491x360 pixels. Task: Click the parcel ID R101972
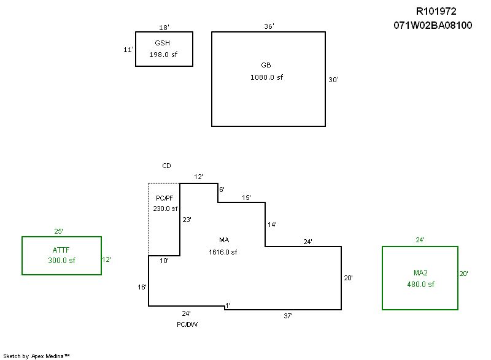click(x=436, y=11)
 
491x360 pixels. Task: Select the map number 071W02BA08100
click(x=433, y=26)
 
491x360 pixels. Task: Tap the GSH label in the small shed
click(x=163, y=43)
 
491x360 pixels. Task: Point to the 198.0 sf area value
click(x=163, y=55)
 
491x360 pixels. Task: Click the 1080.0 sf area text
click(x=267, y=77)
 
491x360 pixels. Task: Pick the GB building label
click(x=266, y=65)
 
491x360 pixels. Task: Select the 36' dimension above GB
click(x=269, y=26)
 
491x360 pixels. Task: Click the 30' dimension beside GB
click(x=333, y=80)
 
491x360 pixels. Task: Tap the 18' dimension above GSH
click(x=164, y=28)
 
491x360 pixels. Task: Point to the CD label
click(x=166, y=166)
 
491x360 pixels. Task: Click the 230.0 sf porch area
click(x=165, y=209)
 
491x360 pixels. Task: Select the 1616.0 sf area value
click(x=224, y=252)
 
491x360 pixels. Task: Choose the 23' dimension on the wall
click(x=187, y=219)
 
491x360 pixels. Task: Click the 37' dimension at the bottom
click(x=288, y=315)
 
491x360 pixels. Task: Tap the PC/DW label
click(x=187, y=324)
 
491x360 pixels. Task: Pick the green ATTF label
click(x=61, y=250)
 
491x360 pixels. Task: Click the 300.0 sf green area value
click(x=61, y=261)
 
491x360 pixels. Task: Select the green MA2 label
click(x=420, y=272)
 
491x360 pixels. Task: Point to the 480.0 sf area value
click(x=420, y=285)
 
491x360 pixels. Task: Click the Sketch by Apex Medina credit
click(x=36, y=355)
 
